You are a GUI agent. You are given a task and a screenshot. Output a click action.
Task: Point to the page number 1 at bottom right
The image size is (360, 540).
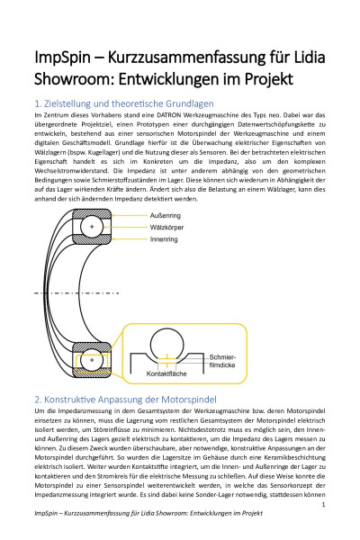pos(321,505)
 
